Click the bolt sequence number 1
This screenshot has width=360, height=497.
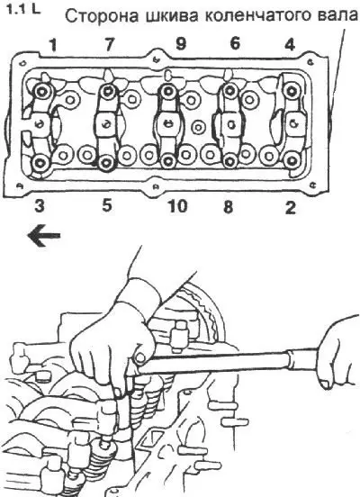pyautogui.click(x=53, y=45)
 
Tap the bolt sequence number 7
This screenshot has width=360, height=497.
pyautogui.click(x=109, y=44)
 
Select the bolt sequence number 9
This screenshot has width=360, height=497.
pyautogui.click(x=181, y=44)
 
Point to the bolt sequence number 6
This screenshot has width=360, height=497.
pyautogui.click(x=235, y=43)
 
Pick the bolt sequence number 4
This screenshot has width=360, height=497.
pyautogui.click(x=290, y=45)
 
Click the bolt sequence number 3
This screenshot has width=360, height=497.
pyautogui.click(x=40, y=206)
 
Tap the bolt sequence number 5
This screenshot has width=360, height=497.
pyautogui.click(x=107, y=205)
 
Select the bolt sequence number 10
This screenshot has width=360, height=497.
pyautogui.click(x=177, y=207)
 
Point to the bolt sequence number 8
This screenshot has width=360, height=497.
pyautogui.click(x=228, y=207)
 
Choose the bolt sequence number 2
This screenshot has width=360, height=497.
pyautogui.click(x=291, y=208)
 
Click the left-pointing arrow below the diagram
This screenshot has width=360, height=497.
pyautogui.click(x=44, y=236)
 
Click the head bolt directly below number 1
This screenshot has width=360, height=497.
pyautogui.click(x=41, y=92)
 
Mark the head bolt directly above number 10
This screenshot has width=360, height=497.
pyautogui.click(x=166, y=160)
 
